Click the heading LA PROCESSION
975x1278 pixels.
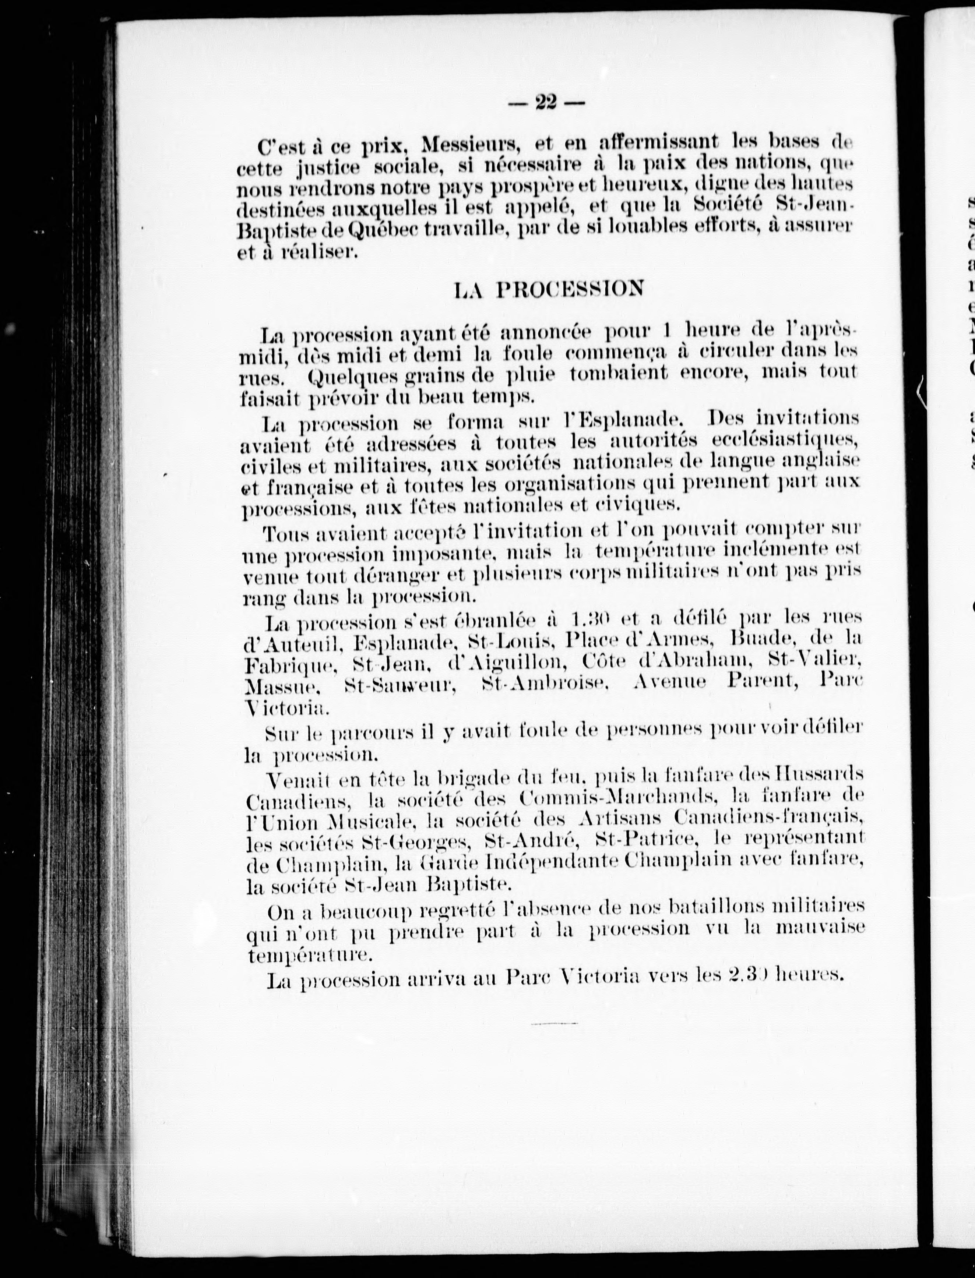coord(549,288)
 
